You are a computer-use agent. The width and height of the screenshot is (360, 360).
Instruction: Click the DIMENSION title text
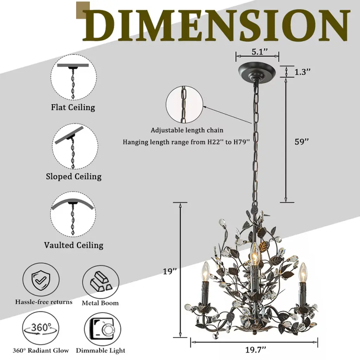[x=216, y=25]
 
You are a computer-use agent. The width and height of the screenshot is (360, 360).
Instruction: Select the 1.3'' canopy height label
[x=303, y=72]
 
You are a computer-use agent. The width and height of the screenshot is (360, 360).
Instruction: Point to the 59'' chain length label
[x=301, y=142]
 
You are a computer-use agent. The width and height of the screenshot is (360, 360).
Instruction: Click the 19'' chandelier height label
[x=169, y=271]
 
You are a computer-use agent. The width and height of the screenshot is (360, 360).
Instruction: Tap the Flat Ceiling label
[x=73, y=107]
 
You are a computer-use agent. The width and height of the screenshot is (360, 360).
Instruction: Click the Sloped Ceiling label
[x=73, y=176]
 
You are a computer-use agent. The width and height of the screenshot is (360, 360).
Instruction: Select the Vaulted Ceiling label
[x=73, y=245]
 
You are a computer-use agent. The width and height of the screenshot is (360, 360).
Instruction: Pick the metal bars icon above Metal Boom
[x=100, y=282]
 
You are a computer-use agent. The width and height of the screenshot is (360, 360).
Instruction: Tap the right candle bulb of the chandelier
[x=302, y=271]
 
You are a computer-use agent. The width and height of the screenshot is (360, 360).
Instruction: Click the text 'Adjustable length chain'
[x=187, y=130]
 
